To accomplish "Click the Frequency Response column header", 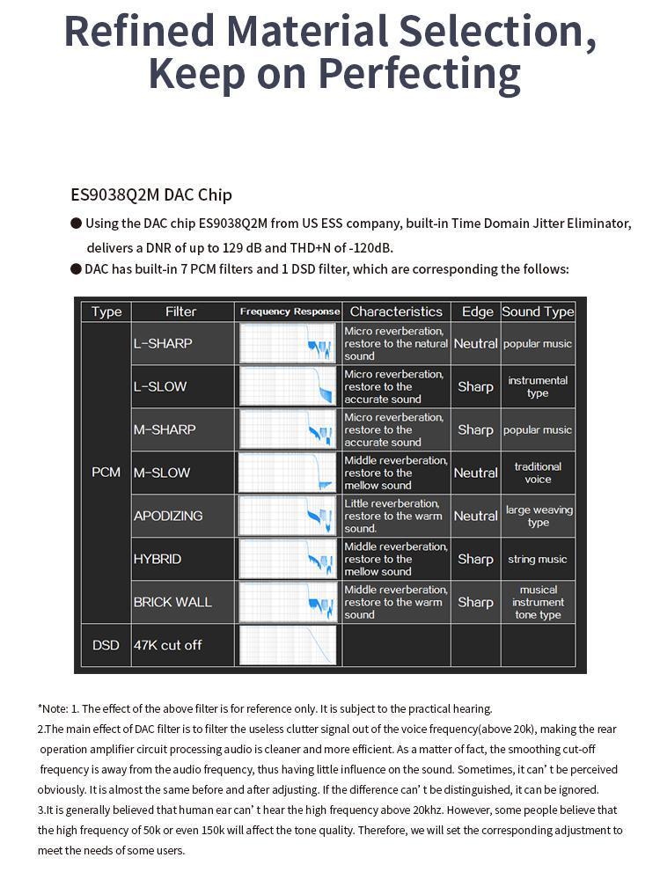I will [x=289, y=312].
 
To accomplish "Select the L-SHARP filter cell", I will [x=182, y=343].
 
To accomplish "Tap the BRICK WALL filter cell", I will [x=182, y=602].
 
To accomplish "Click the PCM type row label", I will [x=106, y=473].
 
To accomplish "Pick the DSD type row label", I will [x=106, y=645].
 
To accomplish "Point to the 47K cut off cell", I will [x=182, y=645].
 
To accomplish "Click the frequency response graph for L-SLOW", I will [x=288, y=386].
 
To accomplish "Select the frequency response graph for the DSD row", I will [x=288, y=645].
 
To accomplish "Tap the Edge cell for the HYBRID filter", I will [x=475, y=559].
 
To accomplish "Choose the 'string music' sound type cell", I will [x=538, y=559].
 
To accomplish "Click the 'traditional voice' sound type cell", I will [x=538, y=473].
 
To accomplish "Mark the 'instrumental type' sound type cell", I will [x=538, y=386].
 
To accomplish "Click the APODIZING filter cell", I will [x=182, y=516].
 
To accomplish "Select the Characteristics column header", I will [x=396, y=312].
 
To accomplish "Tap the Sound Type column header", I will [x=538, y=312].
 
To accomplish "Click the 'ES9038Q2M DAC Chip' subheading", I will [x=151, y=194].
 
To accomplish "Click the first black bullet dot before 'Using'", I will [x=77, y=224].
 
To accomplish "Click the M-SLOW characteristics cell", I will [x=396, y=473].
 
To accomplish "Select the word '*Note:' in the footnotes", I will [x=52, y=708].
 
